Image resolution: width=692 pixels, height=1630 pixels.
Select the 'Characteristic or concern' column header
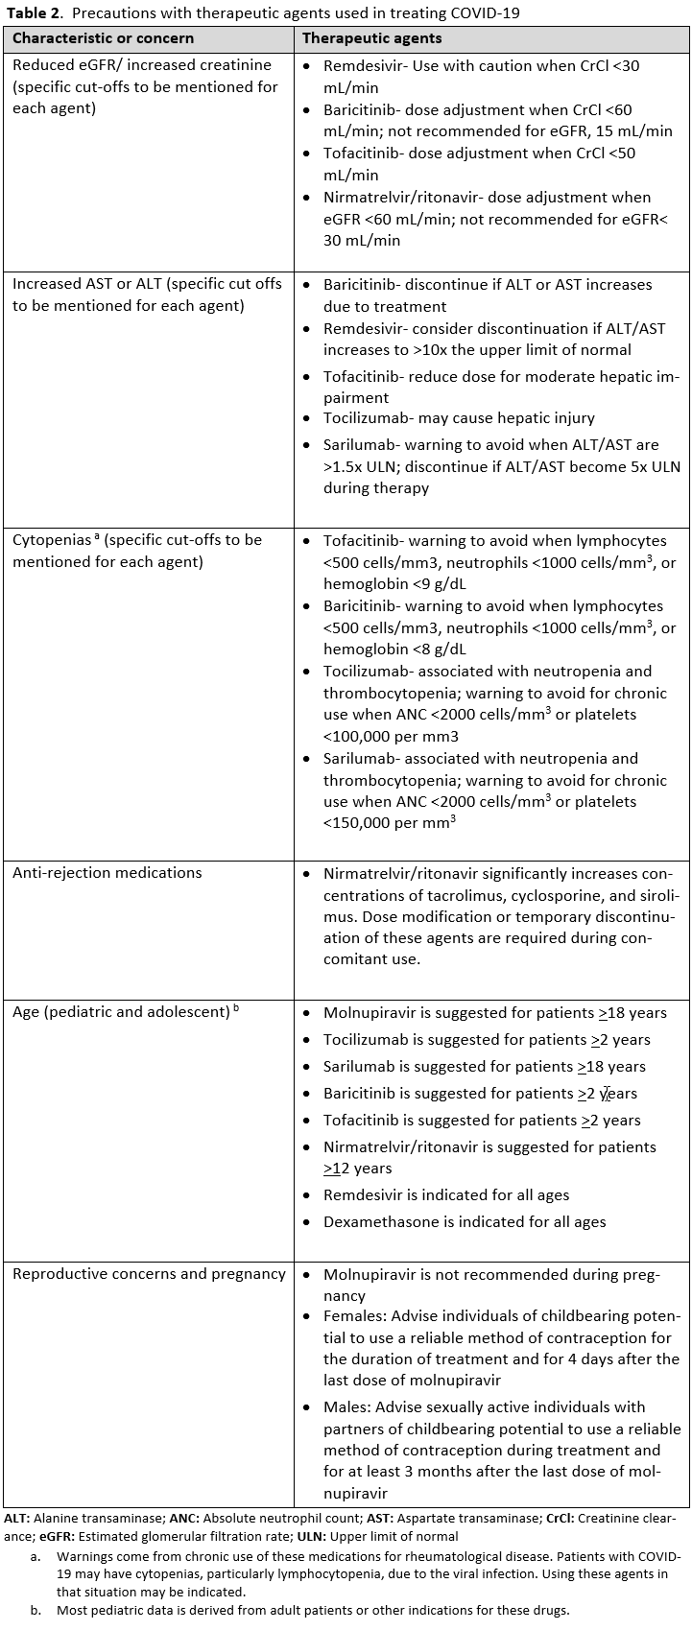(103, 38)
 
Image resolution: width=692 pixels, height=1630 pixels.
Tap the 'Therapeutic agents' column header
(372, 38)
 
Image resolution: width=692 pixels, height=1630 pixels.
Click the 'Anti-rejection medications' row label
(107, 872)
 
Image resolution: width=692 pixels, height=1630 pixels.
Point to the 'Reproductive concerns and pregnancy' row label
(149, 1274)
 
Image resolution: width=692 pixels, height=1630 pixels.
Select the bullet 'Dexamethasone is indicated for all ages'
(465, 1221)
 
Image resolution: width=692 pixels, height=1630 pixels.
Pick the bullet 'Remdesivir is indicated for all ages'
(446, 1194)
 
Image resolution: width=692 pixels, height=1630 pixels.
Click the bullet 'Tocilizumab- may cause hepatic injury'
(459, 417)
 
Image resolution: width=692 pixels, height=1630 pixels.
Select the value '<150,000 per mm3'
(389, 823)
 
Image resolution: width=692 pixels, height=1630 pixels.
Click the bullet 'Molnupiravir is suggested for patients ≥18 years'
(494, 1012)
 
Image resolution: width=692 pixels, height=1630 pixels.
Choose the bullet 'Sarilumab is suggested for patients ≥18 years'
(484, 1066)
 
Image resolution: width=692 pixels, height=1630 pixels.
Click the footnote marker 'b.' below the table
(35, 1610)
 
